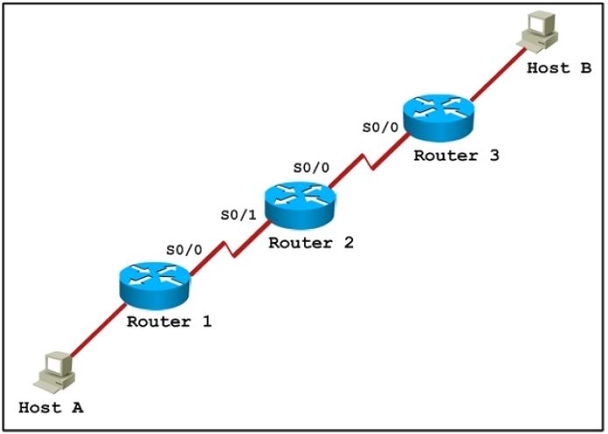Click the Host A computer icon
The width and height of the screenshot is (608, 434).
tap(53, 370)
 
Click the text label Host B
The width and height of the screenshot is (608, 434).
tap(559, 68)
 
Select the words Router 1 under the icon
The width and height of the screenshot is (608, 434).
tap(169, 321)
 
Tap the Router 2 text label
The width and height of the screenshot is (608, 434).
tap(310, 242)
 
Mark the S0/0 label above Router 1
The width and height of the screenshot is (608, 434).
tap(184, 249)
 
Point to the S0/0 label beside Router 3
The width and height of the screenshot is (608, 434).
tap(381, 126)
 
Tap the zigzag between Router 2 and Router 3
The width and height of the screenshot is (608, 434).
tap(371, 161)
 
